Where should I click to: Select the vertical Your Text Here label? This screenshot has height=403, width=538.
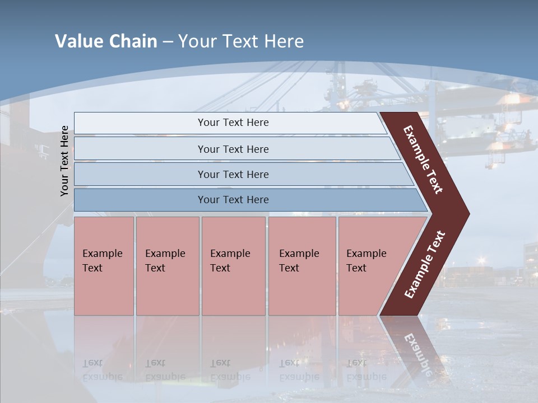pyautogui.click(x=65, y=161)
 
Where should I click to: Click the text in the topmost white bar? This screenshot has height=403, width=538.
pyautogui.click(x=233, y=123)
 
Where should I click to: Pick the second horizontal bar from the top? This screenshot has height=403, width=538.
pyautogui.click(x=233, y=149)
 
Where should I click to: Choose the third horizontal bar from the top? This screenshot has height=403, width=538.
pyautogui.click(x=233, y=174)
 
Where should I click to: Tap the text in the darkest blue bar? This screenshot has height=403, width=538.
pyautogui.click(x=233, y=200)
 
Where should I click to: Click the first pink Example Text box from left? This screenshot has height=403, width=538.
pyautogui.click(x=104, y=265)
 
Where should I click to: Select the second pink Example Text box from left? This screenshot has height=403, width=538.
pyautogui.click(x=167, y=265)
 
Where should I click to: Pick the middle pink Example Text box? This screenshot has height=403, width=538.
pyautogui.click(x=233, y=265)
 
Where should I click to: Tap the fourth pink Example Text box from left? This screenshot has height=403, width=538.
pyautogui.click(x=302, y=265)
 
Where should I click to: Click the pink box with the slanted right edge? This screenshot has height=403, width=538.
pyautogui.click(x=370, y=265)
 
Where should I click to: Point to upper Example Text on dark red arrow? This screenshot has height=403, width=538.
pyautogui.click(x=423, y=160)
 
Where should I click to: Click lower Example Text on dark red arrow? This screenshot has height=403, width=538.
pyautogui.click(x=425, y=265)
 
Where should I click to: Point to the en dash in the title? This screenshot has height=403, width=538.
pyautogui.click(x=168, y=42)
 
